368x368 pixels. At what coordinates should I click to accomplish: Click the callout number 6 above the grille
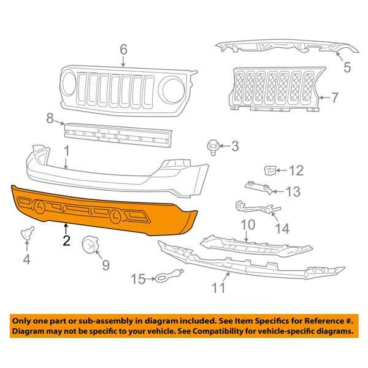point(123,48)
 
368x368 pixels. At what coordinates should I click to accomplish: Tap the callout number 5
point(347,68)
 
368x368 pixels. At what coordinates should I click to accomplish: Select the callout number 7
point(335,97)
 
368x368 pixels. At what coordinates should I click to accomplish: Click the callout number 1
point(66,150)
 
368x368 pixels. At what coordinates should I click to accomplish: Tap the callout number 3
point(235,146)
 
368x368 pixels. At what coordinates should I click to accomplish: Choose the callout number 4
point(26,260)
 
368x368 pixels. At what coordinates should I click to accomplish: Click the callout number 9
point(105,266)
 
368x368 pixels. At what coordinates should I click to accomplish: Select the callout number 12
point(296,171)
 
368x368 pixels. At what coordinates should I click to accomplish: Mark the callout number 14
point(282,229)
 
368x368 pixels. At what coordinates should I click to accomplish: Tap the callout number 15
point(139,280)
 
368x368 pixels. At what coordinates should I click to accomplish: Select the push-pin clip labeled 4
point(26,233)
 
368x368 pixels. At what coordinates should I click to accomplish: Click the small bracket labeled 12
point(268,170)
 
